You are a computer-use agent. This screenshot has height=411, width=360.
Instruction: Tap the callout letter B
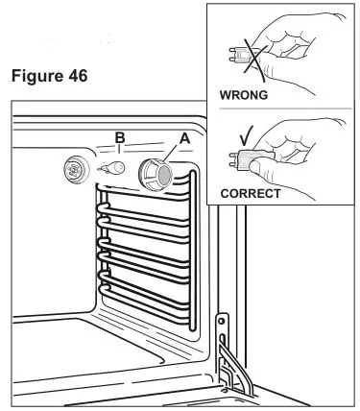click(x=119, y=138)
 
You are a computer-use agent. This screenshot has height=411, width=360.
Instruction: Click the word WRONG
click(x=245, y=98)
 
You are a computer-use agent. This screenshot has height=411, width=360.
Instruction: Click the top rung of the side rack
click(x=144, y=196)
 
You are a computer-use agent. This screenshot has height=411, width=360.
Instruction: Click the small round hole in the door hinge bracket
click(x=224, y=319)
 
